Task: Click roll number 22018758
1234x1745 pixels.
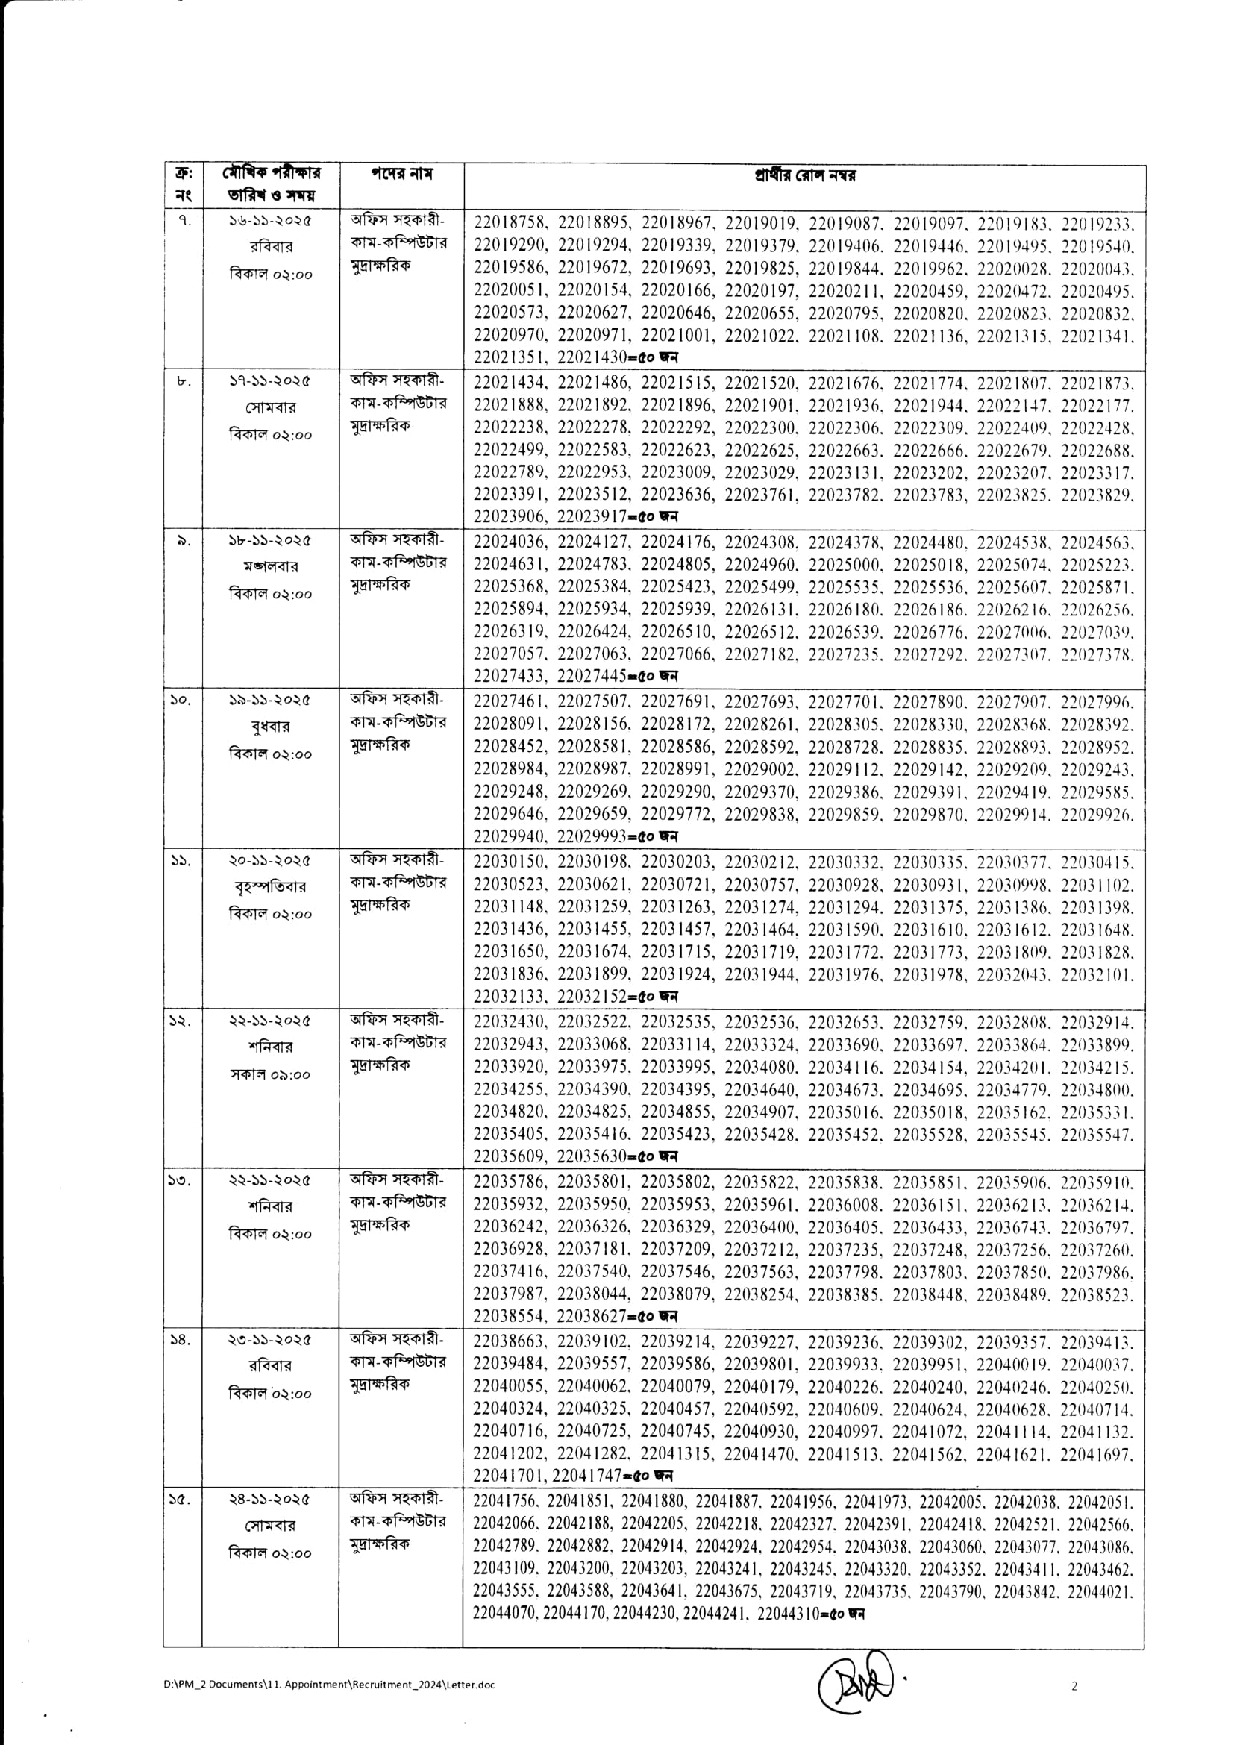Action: pyautogui.click(x=508, y=222)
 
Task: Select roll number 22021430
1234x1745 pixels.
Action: pyautogui.click(x=592, y=357)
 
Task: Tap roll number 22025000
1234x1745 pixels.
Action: pyautogui.click(x=842, y=566)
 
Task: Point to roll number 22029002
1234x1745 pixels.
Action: pyautogui.click(x=759, y=770)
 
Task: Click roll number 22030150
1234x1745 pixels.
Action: pyautogui.click(x=508, y=862)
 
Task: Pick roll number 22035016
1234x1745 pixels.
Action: pyautogui.click(x=842, y=1112)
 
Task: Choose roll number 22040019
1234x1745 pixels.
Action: pyautogui.click(x=1011, y=1365)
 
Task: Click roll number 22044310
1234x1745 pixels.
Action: pyautogui.click(x=788, y=1614)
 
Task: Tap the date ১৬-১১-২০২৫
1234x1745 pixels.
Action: pyautogui.click(x=271, y=220)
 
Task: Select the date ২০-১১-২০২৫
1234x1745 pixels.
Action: pyautogui.click(x=271, y=860)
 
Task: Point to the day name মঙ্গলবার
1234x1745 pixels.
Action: pyautogui.click(x=271, y=567)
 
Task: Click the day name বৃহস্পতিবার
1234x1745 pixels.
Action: pyautogui.click(x=271, y=887)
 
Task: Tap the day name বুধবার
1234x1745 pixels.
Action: pyautogui.click(x=271, y=727)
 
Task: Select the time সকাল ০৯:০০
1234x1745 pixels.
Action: pyautogui.click(x=271, y=1074)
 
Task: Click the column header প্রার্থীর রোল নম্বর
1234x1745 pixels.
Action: pyautogui.click(x=804, y=176)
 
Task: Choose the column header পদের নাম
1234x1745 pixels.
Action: pyautogui.click(x=401, y=174)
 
